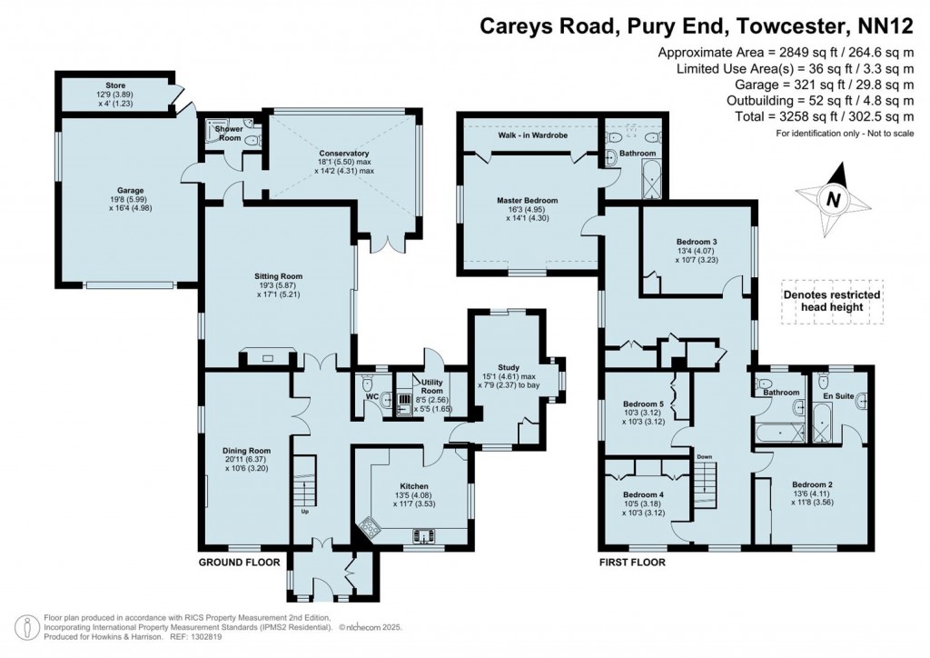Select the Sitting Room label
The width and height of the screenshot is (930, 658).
pos(278,275)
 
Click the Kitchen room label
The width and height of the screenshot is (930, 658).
pos(413,486)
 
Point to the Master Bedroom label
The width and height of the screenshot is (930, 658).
pos(527,200)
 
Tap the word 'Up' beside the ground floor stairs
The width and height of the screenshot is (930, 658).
pos(306,510)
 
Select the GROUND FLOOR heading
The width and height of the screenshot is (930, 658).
pos(239,563)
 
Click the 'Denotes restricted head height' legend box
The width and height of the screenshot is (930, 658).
pos(832,301)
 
